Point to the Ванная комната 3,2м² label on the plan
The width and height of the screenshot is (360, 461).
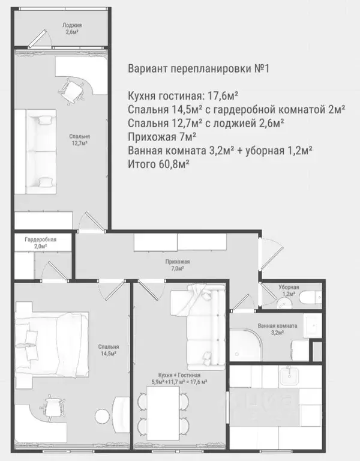[277, 329]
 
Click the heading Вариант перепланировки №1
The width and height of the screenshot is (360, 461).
[199, 68]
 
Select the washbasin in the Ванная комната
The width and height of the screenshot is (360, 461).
[312, 327]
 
